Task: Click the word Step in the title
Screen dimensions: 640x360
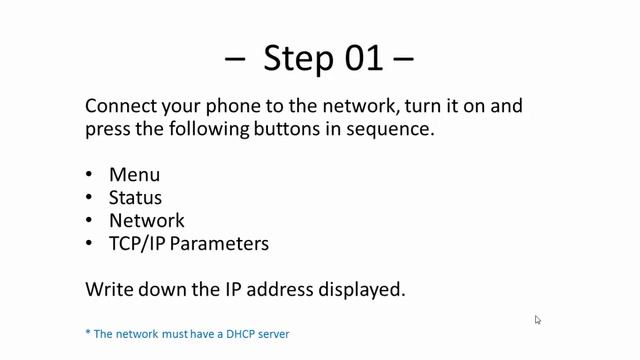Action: tap(299, 59)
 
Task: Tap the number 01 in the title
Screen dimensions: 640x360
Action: tap(364, 58)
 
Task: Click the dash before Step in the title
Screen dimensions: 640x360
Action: tap(235, 59)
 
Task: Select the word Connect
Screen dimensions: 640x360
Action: tap(121, 106)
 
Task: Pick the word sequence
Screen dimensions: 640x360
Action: tap(390, 130)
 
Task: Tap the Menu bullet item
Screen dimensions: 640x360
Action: tap(134, 175)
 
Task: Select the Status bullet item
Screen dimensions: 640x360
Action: tap(135, 198)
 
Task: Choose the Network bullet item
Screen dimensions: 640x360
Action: tap(147, 220)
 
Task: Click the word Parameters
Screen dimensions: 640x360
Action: tap(219, 244)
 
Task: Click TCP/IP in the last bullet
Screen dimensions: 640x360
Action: tap(137, 244)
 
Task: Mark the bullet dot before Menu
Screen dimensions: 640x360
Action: tap(89, 174)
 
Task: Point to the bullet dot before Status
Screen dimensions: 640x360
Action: tap(89, 197)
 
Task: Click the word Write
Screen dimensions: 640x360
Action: tap(109, 289)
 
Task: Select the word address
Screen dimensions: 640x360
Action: tap(280, 289)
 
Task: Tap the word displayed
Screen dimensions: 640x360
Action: tap(362, 290)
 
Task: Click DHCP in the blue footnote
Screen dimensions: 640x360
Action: tap(240, 334)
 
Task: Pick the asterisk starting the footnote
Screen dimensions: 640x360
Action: tap(88, 331)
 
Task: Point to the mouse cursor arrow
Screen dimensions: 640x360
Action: tap(538, 320)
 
